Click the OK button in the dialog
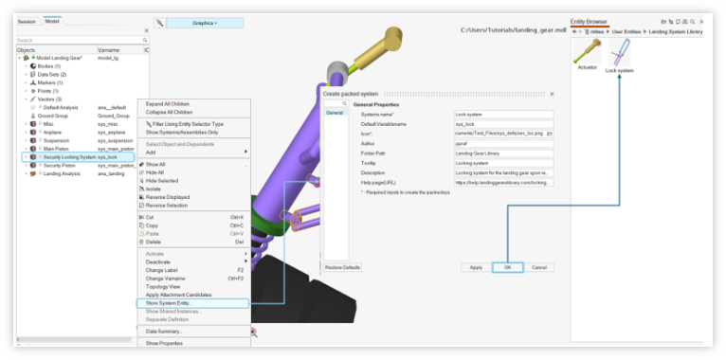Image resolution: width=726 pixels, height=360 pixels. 507,267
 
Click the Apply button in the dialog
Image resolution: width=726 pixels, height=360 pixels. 476,267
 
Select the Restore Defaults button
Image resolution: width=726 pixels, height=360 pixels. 342,267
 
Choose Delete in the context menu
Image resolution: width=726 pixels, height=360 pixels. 154,242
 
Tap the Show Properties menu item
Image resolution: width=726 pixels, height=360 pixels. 164,343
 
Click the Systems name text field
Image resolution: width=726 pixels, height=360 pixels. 502,115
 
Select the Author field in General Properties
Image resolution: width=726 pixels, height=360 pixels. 502,143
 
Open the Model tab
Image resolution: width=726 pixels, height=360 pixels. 51,20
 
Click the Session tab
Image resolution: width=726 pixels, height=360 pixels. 27,20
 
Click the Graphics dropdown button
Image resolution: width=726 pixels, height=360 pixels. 205,22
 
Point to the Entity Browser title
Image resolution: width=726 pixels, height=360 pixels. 589,19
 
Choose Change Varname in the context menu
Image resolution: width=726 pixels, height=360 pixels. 169,278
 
